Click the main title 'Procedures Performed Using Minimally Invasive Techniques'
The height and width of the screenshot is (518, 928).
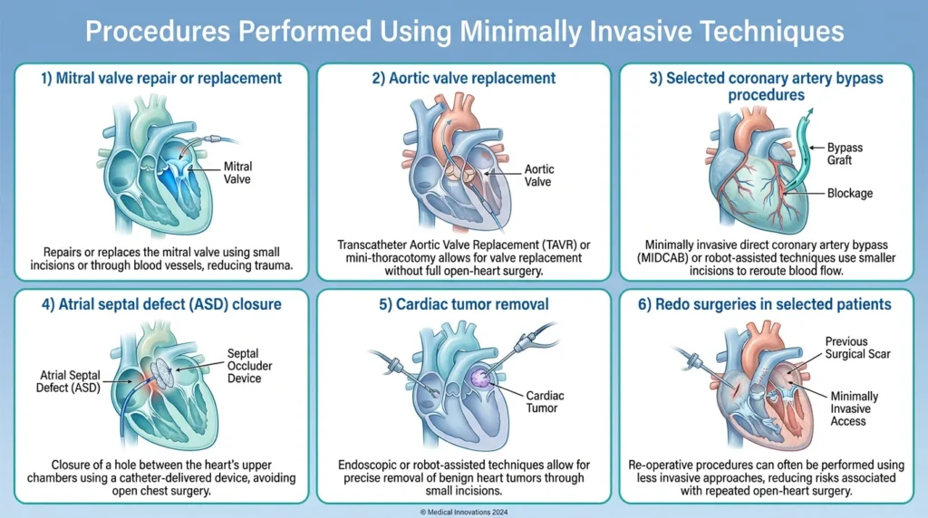464,32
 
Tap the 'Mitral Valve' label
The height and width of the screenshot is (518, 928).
238,173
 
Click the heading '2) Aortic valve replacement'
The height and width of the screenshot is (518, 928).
463,78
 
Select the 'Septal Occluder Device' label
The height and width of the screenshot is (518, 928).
244,366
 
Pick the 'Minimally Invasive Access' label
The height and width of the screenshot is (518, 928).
853,409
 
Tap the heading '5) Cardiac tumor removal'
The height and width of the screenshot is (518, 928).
463,303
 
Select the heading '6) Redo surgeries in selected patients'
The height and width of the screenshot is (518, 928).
768,303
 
